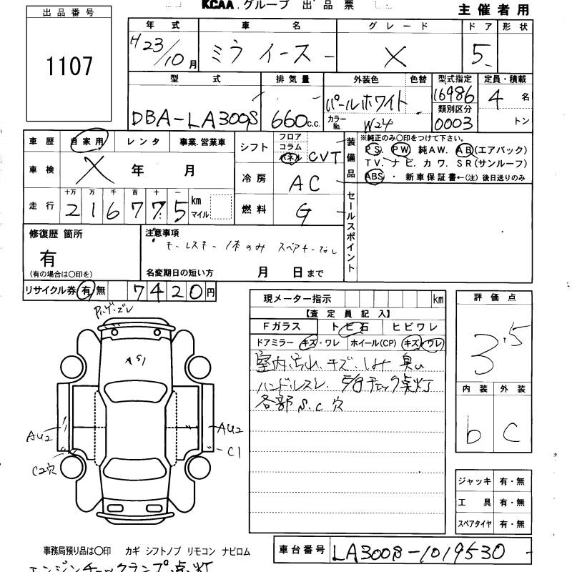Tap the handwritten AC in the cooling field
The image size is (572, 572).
coord(304,184)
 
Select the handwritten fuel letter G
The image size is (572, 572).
coord(303,211)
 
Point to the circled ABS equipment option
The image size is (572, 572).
coord(374,176)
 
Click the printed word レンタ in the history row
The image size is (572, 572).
coord(143,142)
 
